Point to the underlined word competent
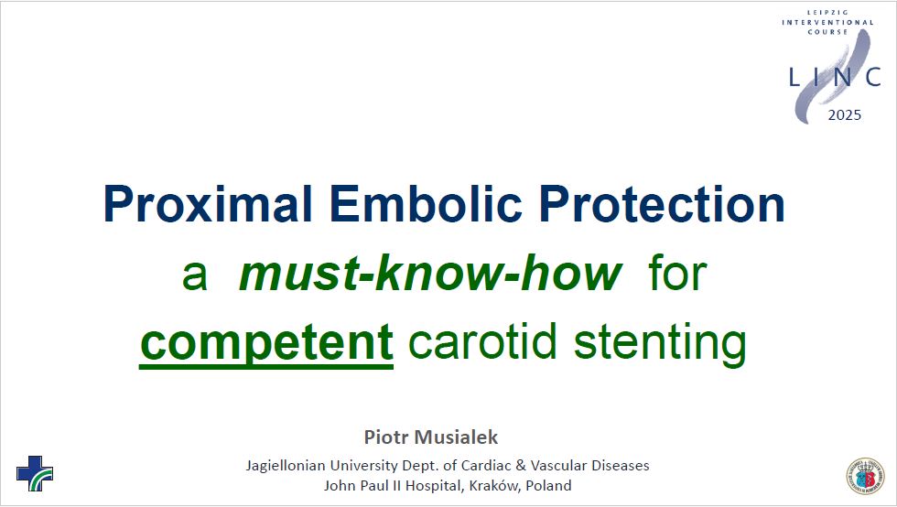[x=266, y=342]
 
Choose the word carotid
[x=483, y=341]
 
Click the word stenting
[x=660, y=343]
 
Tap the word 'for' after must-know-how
[x=678, y=273]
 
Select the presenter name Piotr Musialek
[x=431, y=437]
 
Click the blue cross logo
[x=35, y=473]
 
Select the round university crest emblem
[x=866, y=476]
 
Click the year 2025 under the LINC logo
[x=844, y=115]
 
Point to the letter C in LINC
[x=873, y=77]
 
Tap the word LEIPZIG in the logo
[x=827, y=12]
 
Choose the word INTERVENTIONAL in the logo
[x=827, y=22]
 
